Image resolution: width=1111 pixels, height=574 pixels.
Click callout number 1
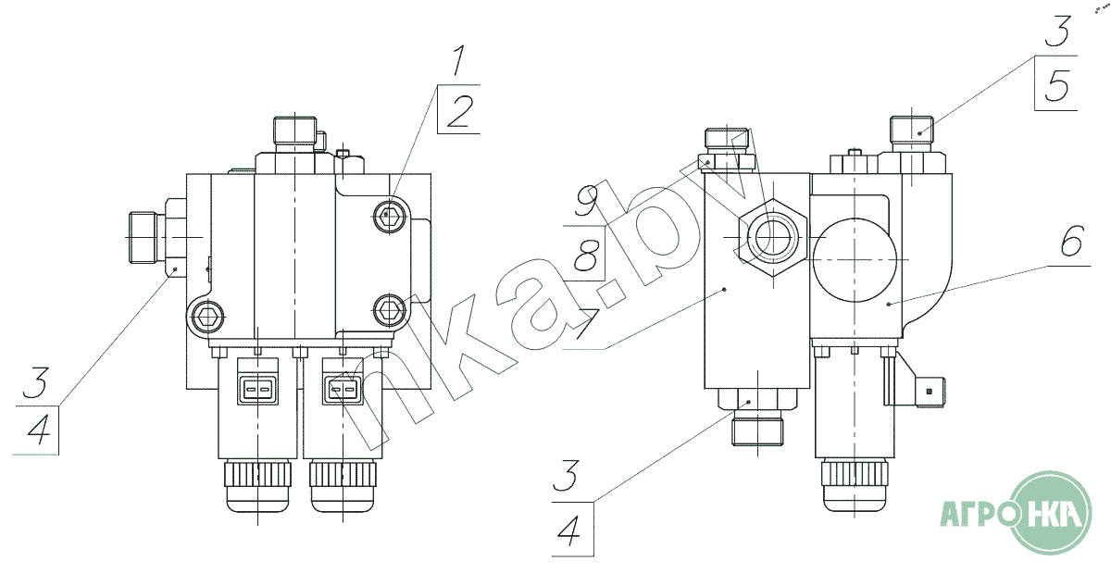(x=459, y=60)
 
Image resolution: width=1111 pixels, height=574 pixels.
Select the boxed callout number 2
(x=460, y=110)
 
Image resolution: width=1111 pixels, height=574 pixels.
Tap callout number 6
(x=1072, y=241)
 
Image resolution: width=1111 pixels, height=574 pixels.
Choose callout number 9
(x=587, y=199)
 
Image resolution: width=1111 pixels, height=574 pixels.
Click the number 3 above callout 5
(x=1057, y=30)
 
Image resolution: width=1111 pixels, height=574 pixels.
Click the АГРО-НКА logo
(x=1016, y=512)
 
